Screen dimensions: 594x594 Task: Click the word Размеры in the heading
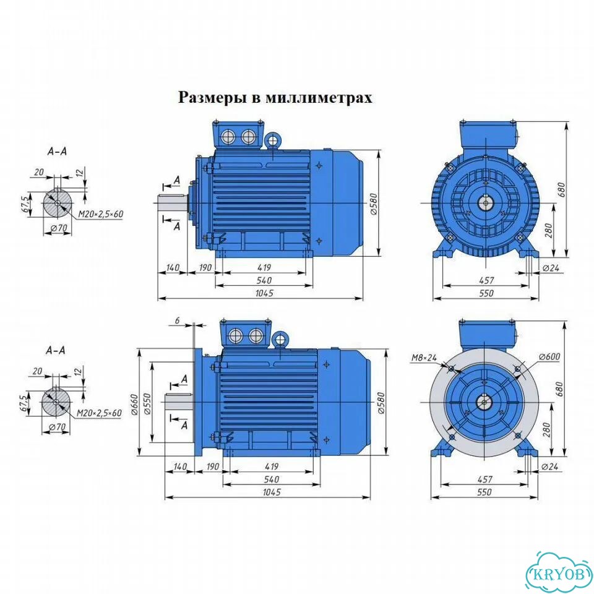coord(212,97)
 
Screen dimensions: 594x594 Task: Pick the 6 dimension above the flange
coord(178,321)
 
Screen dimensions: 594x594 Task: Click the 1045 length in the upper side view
coord(264,293)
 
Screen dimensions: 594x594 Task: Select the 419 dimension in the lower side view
coord(272,467)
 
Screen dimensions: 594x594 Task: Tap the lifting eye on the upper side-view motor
coord(273,140)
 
